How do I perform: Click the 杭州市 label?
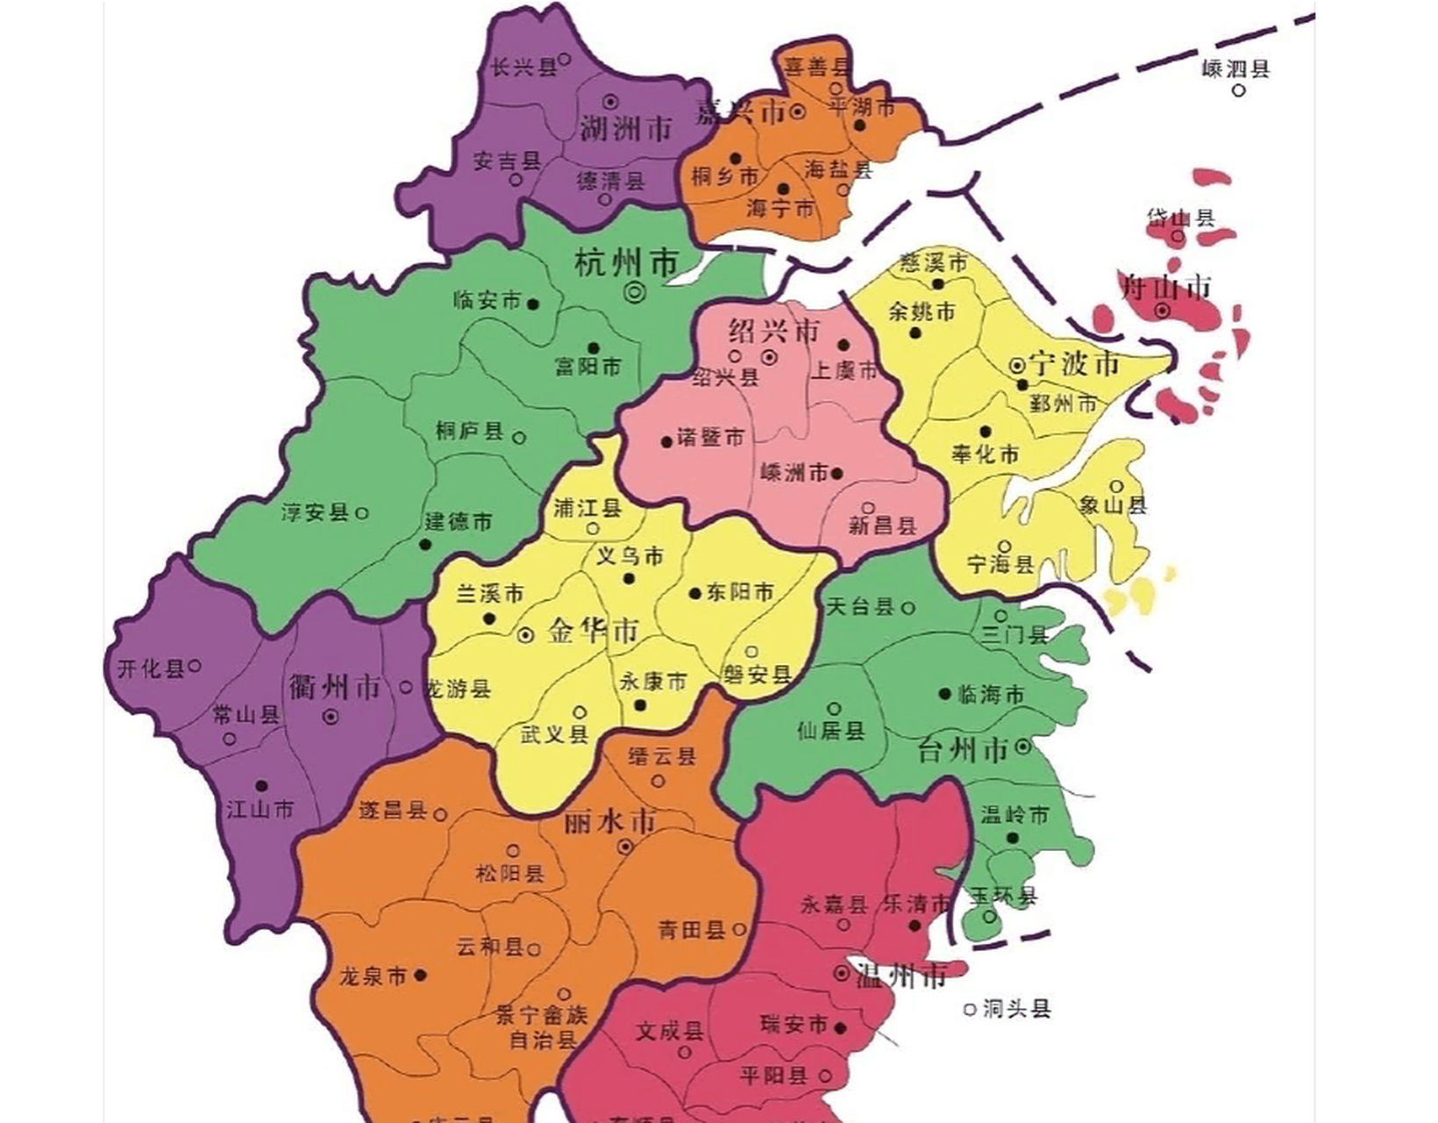(627, 262)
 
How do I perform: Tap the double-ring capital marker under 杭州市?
(635, 293)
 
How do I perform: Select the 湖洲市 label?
(625, 129)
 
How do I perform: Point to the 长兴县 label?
(523, 67)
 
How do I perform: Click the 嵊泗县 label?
(1235, 68)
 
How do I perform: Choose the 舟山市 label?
(1166, 285)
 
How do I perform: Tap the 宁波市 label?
(1075, 363)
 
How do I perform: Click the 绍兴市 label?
(774, 331)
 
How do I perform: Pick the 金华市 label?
(594, 631)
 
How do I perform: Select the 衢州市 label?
(334, 686)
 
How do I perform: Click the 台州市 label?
(963, 749)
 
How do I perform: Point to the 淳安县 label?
(315, 512)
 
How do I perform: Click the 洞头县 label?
(1016, 1009)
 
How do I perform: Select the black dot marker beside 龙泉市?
(421, 975)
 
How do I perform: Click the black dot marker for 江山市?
(260, 785)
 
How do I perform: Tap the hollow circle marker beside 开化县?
(196, 666)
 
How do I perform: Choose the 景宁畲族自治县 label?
(541, 1027)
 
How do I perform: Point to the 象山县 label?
(1114, 504)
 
